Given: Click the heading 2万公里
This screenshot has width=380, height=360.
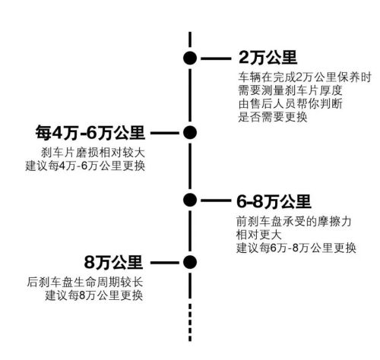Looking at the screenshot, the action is [x=268, y=58].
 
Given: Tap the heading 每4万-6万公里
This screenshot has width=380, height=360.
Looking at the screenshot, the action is [x=90, y=133].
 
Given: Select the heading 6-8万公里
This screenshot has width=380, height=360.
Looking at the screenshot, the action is [x=274, y=201].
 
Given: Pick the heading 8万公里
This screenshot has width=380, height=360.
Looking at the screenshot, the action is [x=113, y=262].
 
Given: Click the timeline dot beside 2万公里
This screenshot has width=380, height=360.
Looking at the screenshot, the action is [x=190, y=58].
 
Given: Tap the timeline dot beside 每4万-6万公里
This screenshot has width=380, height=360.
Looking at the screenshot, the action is [x=190, y=132].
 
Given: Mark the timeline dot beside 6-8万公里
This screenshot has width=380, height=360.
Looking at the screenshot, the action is [x=190, y=200].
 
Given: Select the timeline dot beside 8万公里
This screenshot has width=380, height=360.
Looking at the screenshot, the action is [x=190, y=262].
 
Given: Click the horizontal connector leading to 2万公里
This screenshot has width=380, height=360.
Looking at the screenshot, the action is [x=216, y=58].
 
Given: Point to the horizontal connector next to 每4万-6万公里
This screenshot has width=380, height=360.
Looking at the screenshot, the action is [x=165, y=133].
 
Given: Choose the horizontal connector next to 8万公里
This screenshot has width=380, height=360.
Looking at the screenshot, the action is [x=165, y=263].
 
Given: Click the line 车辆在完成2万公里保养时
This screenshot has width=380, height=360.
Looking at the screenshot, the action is [x=305, y=77].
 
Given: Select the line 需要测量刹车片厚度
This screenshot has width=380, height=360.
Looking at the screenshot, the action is [x=290, y=90].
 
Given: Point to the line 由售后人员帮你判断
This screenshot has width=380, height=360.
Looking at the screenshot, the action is [x=290, y=104].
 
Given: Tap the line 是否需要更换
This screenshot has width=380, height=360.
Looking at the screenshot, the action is [x=273, y=117].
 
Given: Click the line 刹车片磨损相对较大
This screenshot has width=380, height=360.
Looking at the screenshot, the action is [x=93, y=153].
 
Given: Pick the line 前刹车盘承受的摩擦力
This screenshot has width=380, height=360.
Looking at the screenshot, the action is [x=294, y=222].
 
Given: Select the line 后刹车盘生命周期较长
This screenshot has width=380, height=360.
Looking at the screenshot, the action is [x=85, y=283].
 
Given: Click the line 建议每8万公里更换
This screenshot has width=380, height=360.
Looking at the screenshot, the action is [x=94, y=295].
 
